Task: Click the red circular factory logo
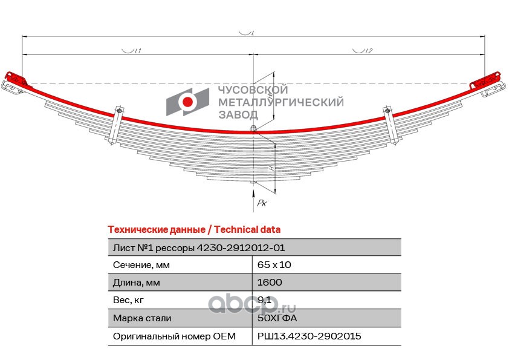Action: click(188, 102)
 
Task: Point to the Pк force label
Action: click(262, 203)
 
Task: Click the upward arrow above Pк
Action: click(253, 194)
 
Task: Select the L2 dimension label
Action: click(366, 51)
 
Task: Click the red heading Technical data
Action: click(193, 230)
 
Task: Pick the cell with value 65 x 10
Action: click(277, 265)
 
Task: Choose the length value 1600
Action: click(269, 283)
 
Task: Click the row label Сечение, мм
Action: click(142, 265)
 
